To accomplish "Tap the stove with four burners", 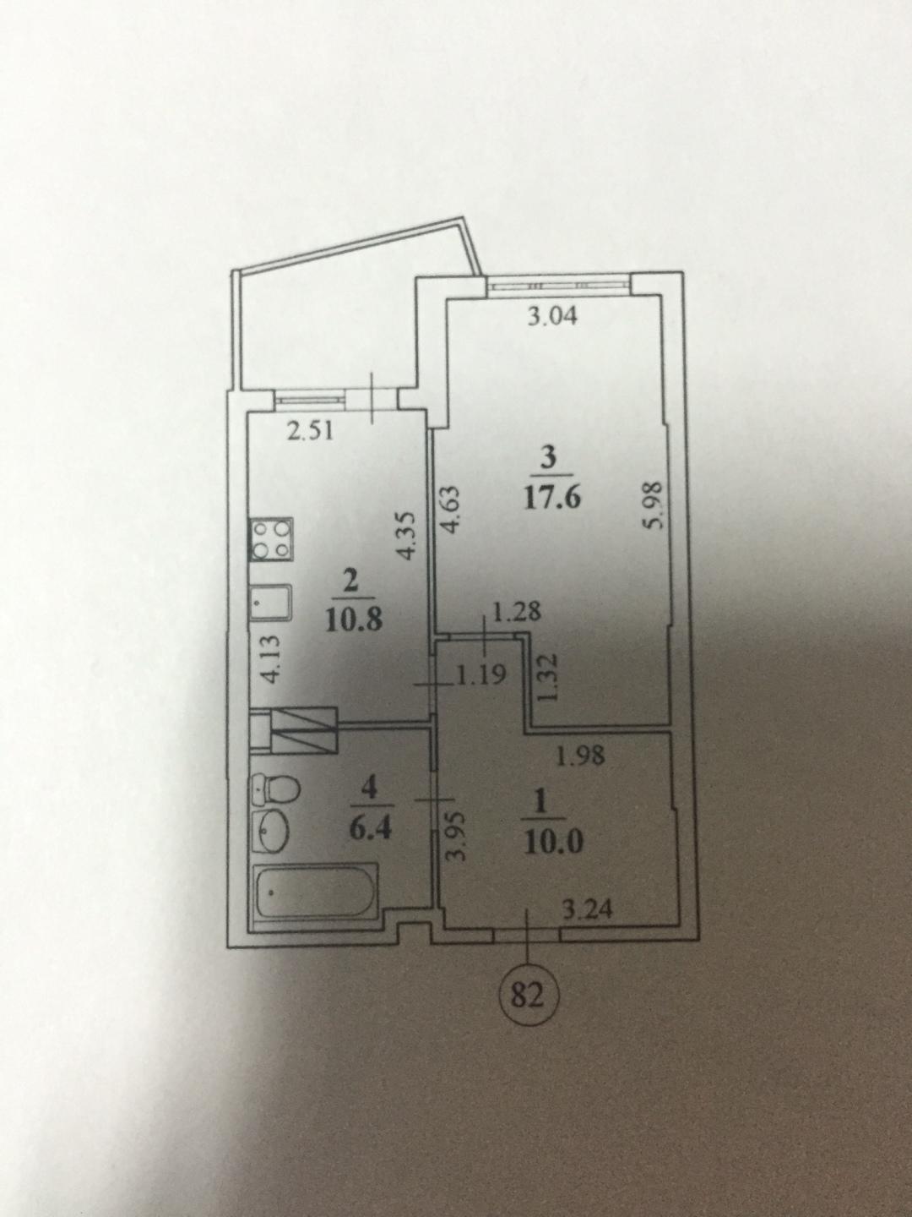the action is tap(273, 541).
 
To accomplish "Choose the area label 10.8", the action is tap(355, 620).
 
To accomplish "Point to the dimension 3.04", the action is tap(551, 317).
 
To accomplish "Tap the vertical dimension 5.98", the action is tap(654, 505).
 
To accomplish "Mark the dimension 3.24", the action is tap(588, 910).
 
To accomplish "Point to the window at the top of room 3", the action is tap(558, 286).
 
